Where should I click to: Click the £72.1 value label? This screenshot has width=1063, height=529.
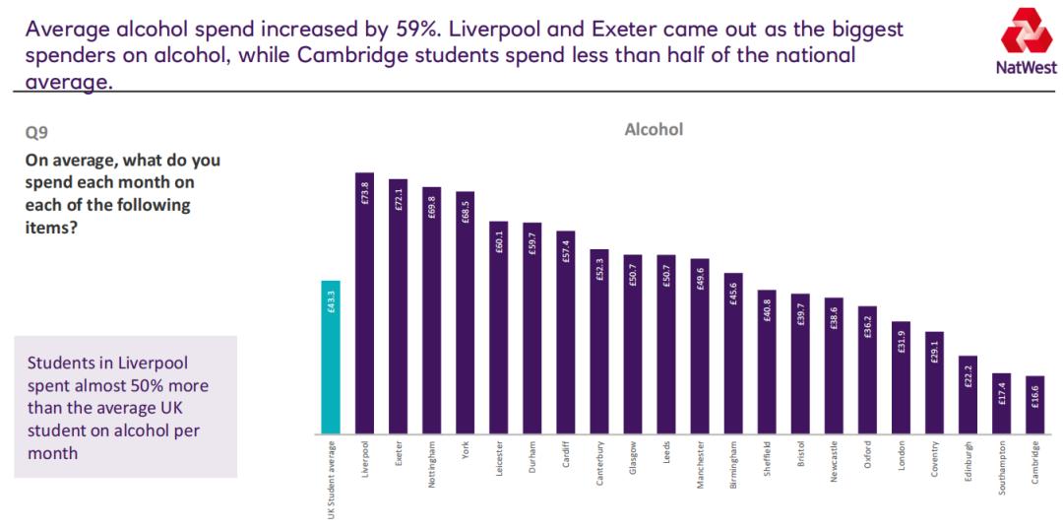point(398,200)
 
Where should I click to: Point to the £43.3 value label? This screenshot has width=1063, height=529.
point(331,301)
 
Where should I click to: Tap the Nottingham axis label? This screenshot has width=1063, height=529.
point(432,472)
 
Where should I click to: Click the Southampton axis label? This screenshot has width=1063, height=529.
point(1002,477)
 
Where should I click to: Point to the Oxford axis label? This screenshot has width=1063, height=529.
point(868,460)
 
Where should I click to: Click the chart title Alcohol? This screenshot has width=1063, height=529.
point(654,129)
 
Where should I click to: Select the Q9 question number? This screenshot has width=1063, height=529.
point(36,129)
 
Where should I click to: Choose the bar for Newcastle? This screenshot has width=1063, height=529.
point(834,365)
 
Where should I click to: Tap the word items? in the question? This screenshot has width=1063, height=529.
point(52,227)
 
